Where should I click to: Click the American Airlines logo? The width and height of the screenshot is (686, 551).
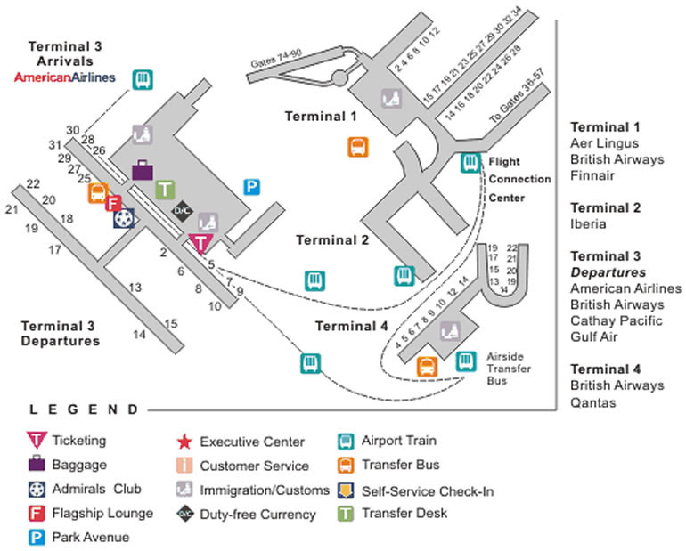[65, 77]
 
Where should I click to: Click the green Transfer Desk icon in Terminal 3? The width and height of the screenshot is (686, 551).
[165, 189]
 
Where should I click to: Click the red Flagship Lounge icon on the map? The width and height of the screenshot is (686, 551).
[113, 203]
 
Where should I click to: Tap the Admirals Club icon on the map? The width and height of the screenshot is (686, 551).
[125, 217]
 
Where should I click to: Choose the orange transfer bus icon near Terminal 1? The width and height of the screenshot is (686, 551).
[357, 147]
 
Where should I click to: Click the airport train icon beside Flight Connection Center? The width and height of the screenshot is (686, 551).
[470, 163]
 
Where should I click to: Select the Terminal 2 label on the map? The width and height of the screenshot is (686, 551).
[332, 239]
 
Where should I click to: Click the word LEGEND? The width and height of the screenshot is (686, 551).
[85, 410]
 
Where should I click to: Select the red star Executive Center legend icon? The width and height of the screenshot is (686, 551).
[183, 442]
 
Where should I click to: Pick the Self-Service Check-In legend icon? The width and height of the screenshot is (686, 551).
[345, 490]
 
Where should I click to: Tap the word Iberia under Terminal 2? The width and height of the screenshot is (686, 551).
[588, 224]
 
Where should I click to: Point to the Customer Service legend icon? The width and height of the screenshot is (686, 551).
[183, 466]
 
